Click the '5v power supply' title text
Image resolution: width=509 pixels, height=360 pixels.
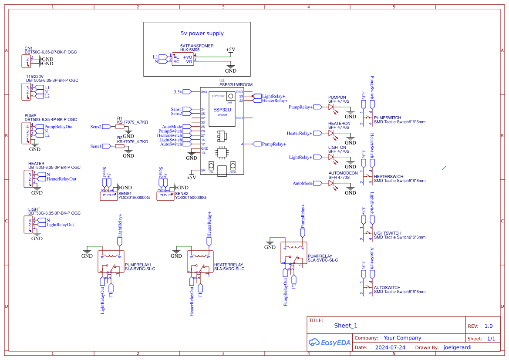point(202,33)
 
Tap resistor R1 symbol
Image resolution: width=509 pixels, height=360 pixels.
point(120,127)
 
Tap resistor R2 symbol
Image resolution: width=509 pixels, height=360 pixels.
point(120,146)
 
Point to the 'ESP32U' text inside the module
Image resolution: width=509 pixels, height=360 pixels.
point(222,110)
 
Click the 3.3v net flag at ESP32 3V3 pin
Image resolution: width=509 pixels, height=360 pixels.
point(187,92)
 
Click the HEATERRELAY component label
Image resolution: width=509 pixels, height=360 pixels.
point(229,265)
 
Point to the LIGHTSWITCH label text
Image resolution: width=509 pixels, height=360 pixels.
point(388,233)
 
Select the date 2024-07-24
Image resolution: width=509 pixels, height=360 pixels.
point(390,347)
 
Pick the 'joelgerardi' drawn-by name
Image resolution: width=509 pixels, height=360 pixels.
point(457,347)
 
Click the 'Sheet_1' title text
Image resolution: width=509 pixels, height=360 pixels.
point(346,326)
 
